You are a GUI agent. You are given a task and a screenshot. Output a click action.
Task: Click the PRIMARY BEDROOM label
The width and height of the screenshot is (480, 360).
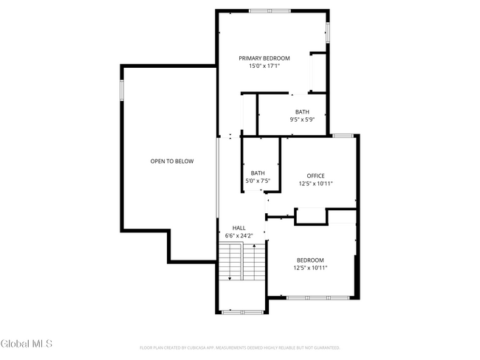(x=264, y=58)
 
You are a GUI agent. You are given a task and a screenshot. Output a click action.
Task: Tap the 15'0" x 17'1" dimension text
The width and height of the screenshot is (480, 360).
(x=264, y=66)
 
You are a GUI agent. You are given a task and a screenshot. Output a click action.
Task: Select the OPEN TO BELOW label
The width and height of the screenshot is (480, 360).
(x=171, y=161)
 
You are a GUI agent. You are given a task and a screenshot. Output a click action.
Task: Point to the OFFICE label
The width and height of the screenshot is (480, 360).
(x=315, y=176)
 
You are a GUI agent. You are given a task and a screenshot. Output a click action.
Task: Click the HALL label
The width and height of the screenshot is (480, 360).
(x=239, y=228)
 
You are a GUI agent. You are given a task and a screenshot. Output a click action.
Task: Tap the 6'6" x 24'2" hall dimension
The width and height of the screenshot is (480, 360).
(x=239, y=236)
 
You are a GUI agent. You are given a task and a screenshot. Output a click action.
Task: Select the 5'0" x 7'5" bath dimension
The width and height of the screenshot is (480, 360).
(x=258, y=181)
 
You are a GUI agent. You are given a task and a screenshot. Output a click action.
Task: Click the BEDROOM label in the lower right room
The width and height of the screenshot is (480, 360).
(x=310, y=260)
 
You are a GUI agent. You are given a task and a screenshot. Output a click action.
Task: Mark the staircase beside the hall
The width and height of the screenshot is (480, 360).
(x=242, y=262)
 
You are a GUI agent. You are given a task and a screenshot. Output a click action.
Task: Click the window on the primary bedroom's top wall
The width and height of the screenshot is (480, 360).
(x=270, y=11)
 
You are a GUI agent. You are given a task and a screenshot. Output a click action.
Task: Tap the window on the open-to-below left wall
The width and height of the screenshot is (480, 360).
(x=122, y=89)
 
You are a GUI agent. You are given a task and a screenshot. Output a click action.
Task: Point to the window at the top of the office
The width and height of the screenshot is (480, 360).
(x=342, y=136)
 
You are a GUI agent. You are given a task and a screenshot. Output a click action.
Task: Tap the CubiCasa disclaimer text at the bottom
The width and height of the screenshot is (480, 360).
(x=239, y=347)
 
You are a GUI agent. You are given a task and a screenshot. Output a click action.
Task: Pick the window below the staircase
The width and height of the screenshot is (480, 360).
(x=242, y=312)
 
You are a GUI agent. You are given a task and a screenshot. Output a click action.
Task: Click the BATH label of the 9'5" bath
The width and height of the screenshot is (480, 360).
(x=302, y=111)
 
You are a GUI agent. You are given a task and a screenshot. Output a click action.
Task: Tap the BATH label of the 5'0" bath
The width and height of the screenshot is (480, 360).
(x=258, y=173)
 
